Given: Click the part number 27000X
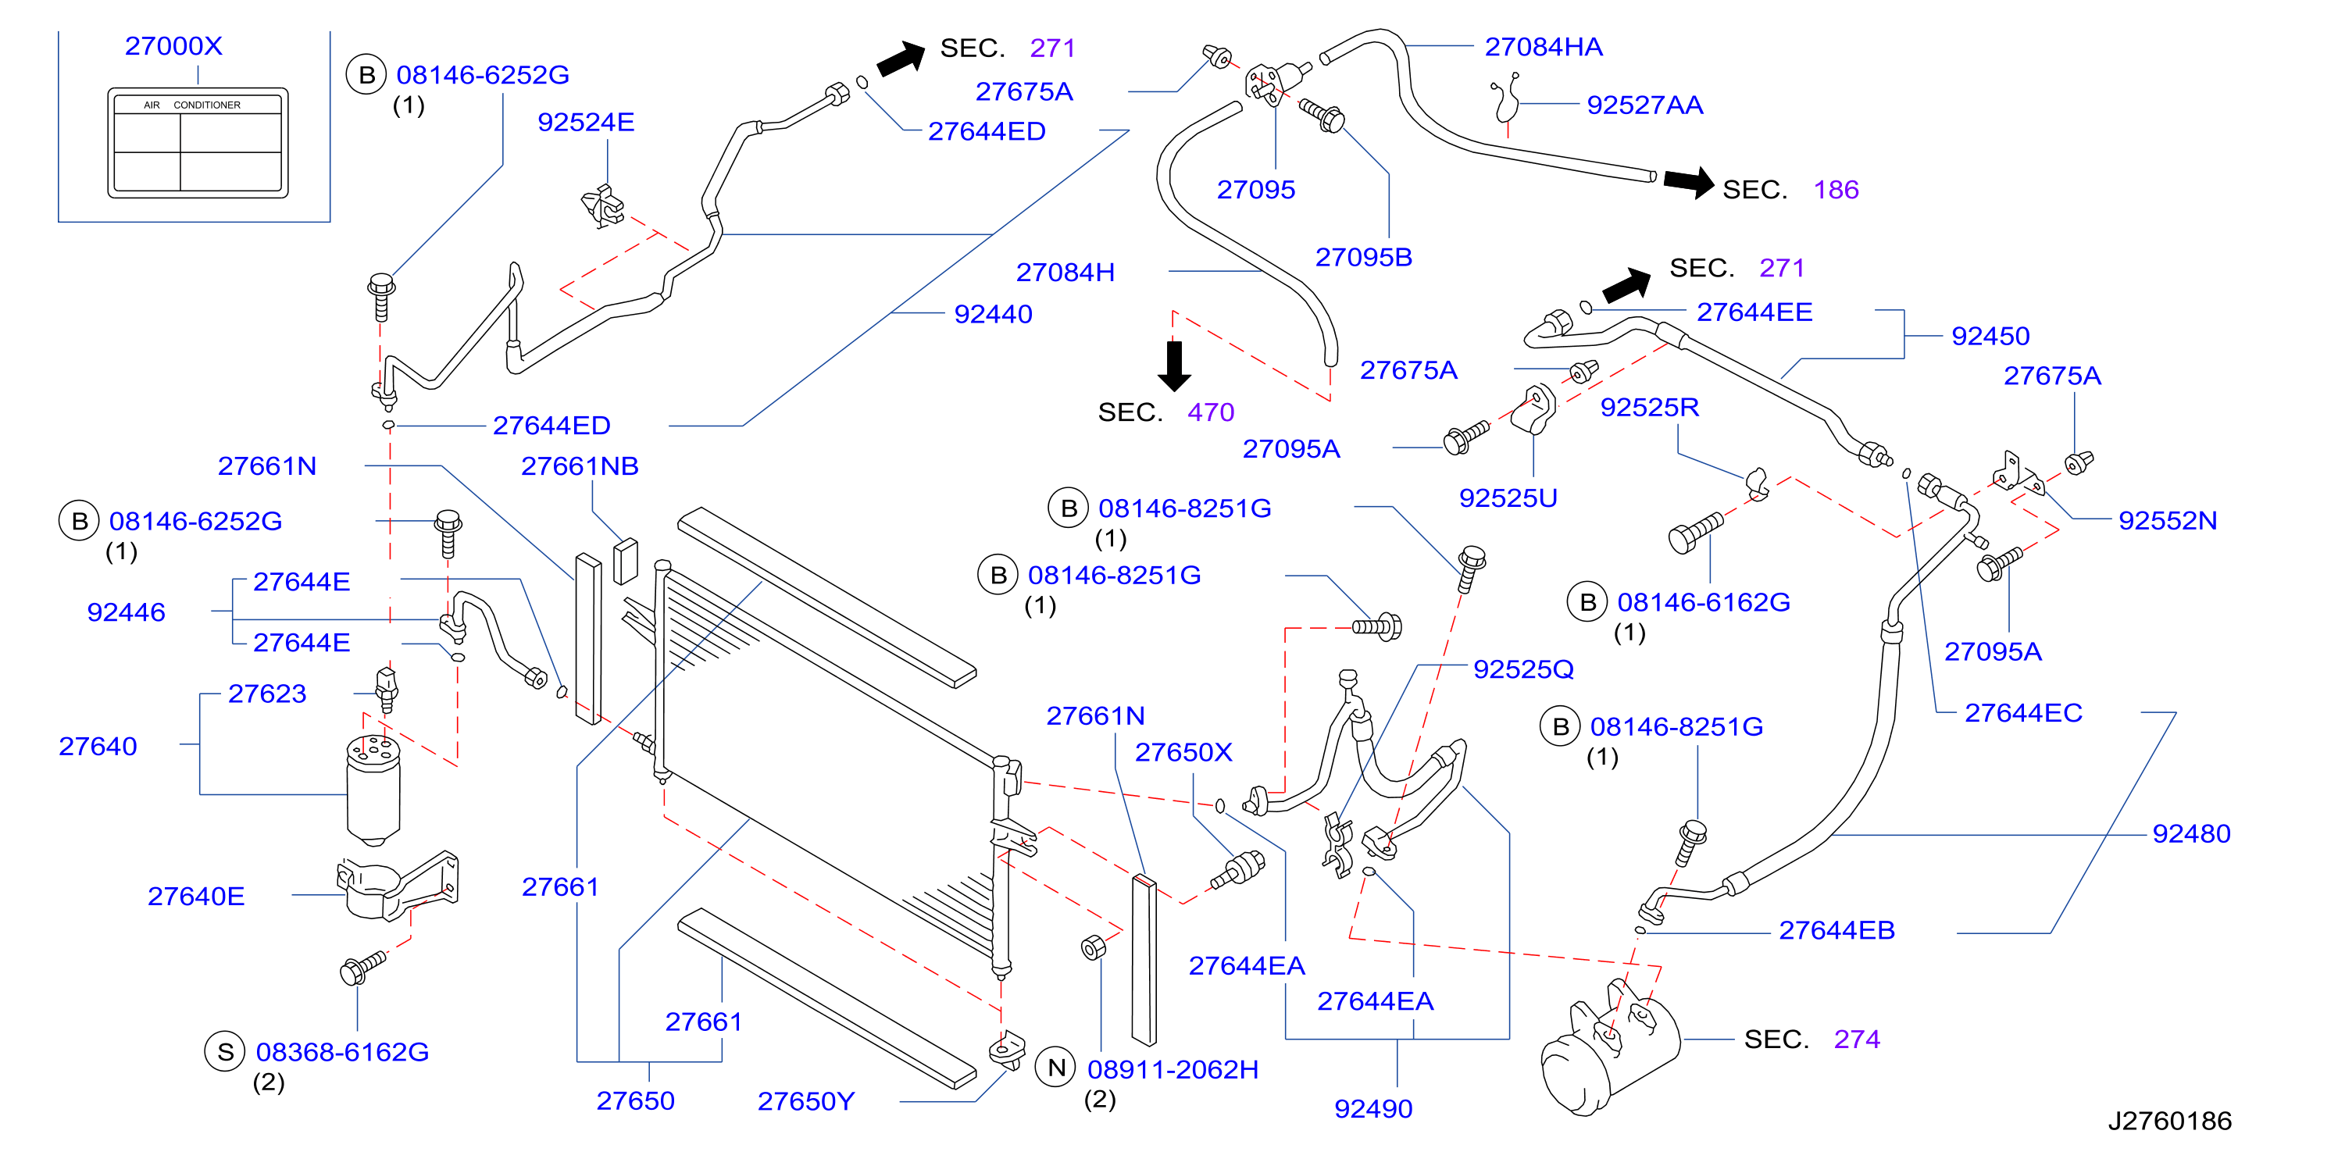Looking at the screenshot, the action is point(173,46).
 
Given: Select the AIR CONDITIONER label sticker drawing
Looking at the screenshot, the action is point(198,142).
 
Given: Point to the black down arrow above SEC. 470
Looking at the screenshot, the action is point(1174,366).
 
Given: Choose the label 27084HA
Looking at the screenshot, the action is point(1543,47).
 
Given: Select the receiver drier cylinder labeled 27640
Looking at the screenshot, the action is point(373,790).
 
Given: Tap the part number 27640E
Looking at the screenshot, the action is point(196,897).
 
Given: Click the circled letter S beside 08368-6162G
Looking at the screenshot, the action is point(225,1052).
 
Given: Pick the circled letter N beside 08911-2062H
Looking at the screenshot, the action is point(1055,1068).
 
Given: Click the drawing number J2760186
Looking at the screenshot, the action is point(2169,1121).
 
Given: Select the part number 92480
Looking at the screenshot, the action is point(2191,834).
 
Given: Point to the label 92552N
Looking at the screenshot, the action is point(2168,521).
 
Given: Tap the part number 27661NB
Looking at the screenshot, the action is point(579,466).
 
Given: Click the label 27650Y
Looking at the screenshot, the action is point(806,1102).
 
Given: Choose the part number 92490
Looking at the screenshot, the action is point(1373,1109).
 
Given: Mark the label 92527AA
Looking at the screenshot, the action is point(1644,105).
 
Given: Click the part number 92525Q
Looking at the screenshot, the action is point(1523,670).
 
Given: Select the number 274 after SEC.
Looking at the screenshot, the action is point(1857,1040).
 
